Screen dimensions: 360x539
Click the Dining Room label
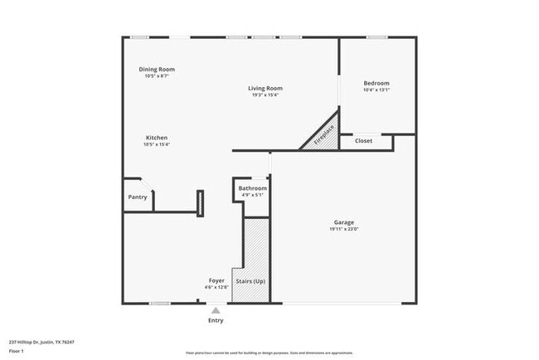[x=157, y=69]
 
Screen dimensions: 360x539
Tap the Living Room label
[x=266, y=88]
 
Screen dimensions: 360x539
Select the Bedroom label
[x=376, y=83]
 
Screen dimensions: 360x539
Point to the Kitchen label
[x=157, y=138]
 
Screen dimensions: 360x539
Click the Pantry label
[x=138, y=197]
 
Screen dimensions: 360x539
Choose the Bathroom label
[x=252, y=188]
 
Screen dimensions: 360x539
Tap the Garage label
[x=344, y=222]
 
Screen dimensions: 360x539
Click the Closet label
[x=364, y=141]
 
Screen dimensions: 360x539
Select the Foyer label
[x=216, y=280]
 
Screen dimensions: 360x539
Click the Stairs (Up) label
[x=250, y=281]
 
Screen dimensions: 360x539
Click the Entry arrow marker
[x=216, y=310]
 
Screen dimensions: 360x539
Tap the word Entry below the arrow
[x=216, y=320]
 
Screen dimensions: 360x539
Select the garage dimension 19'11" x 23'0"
[x=344, y=230]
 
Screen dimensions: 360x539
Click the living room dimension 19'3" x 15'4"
[x=266, y=95]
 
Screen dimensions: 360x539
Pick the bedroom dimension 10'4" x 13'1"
[x=376, y=90]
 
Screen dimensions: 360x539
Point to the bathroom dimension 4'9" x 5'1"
[x=252, y=196]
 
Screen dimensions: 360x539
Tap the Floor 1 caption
[x=16, y=352]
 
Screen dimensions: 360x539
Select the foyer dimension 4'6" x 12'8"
[x=216, y=288]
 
